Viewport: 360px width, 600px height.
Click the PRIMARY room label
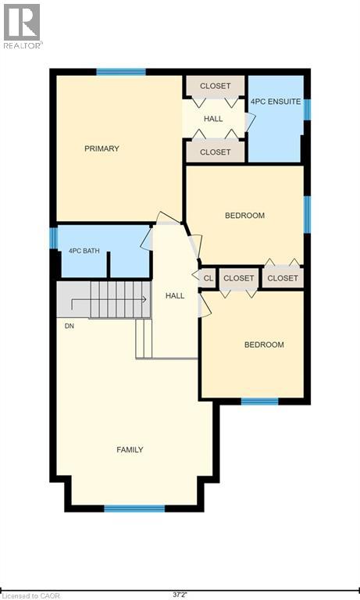point(102,148)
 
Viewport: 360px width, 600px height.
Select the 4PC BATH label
point(84,251)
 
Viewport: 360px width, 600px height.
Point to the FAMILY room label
point(130,449)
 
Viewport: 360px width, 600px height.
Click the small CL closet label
point(209,278)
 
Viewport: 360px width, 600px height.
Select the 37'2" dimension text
point(180,595)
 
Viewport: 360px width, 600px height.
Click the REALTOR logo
point(22,25)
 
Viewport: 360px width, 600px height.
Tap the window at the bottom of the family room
point(134,509)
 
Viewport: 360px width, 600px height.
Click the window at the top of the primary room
point(121,73)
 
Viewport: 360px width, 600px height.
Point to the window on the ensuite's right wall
point(307,109)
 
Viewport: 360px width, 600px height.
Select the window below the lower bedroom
point(259,402)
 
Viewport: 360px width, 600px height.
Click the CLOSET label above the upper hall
point(215,85)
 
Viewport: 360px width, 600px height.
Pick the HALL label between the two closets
point(213,119)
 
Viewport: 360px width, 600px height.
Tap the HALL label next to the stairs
point(175,296)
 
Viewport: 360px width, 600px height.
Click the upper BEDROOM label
point(244,216)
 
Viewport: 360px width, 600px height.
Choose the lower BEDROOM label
point(263,345)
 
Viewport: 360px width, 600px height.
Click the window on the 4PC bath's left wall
point(54,237)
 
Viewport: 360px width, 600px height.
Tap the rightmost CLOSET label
point(282,278)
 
